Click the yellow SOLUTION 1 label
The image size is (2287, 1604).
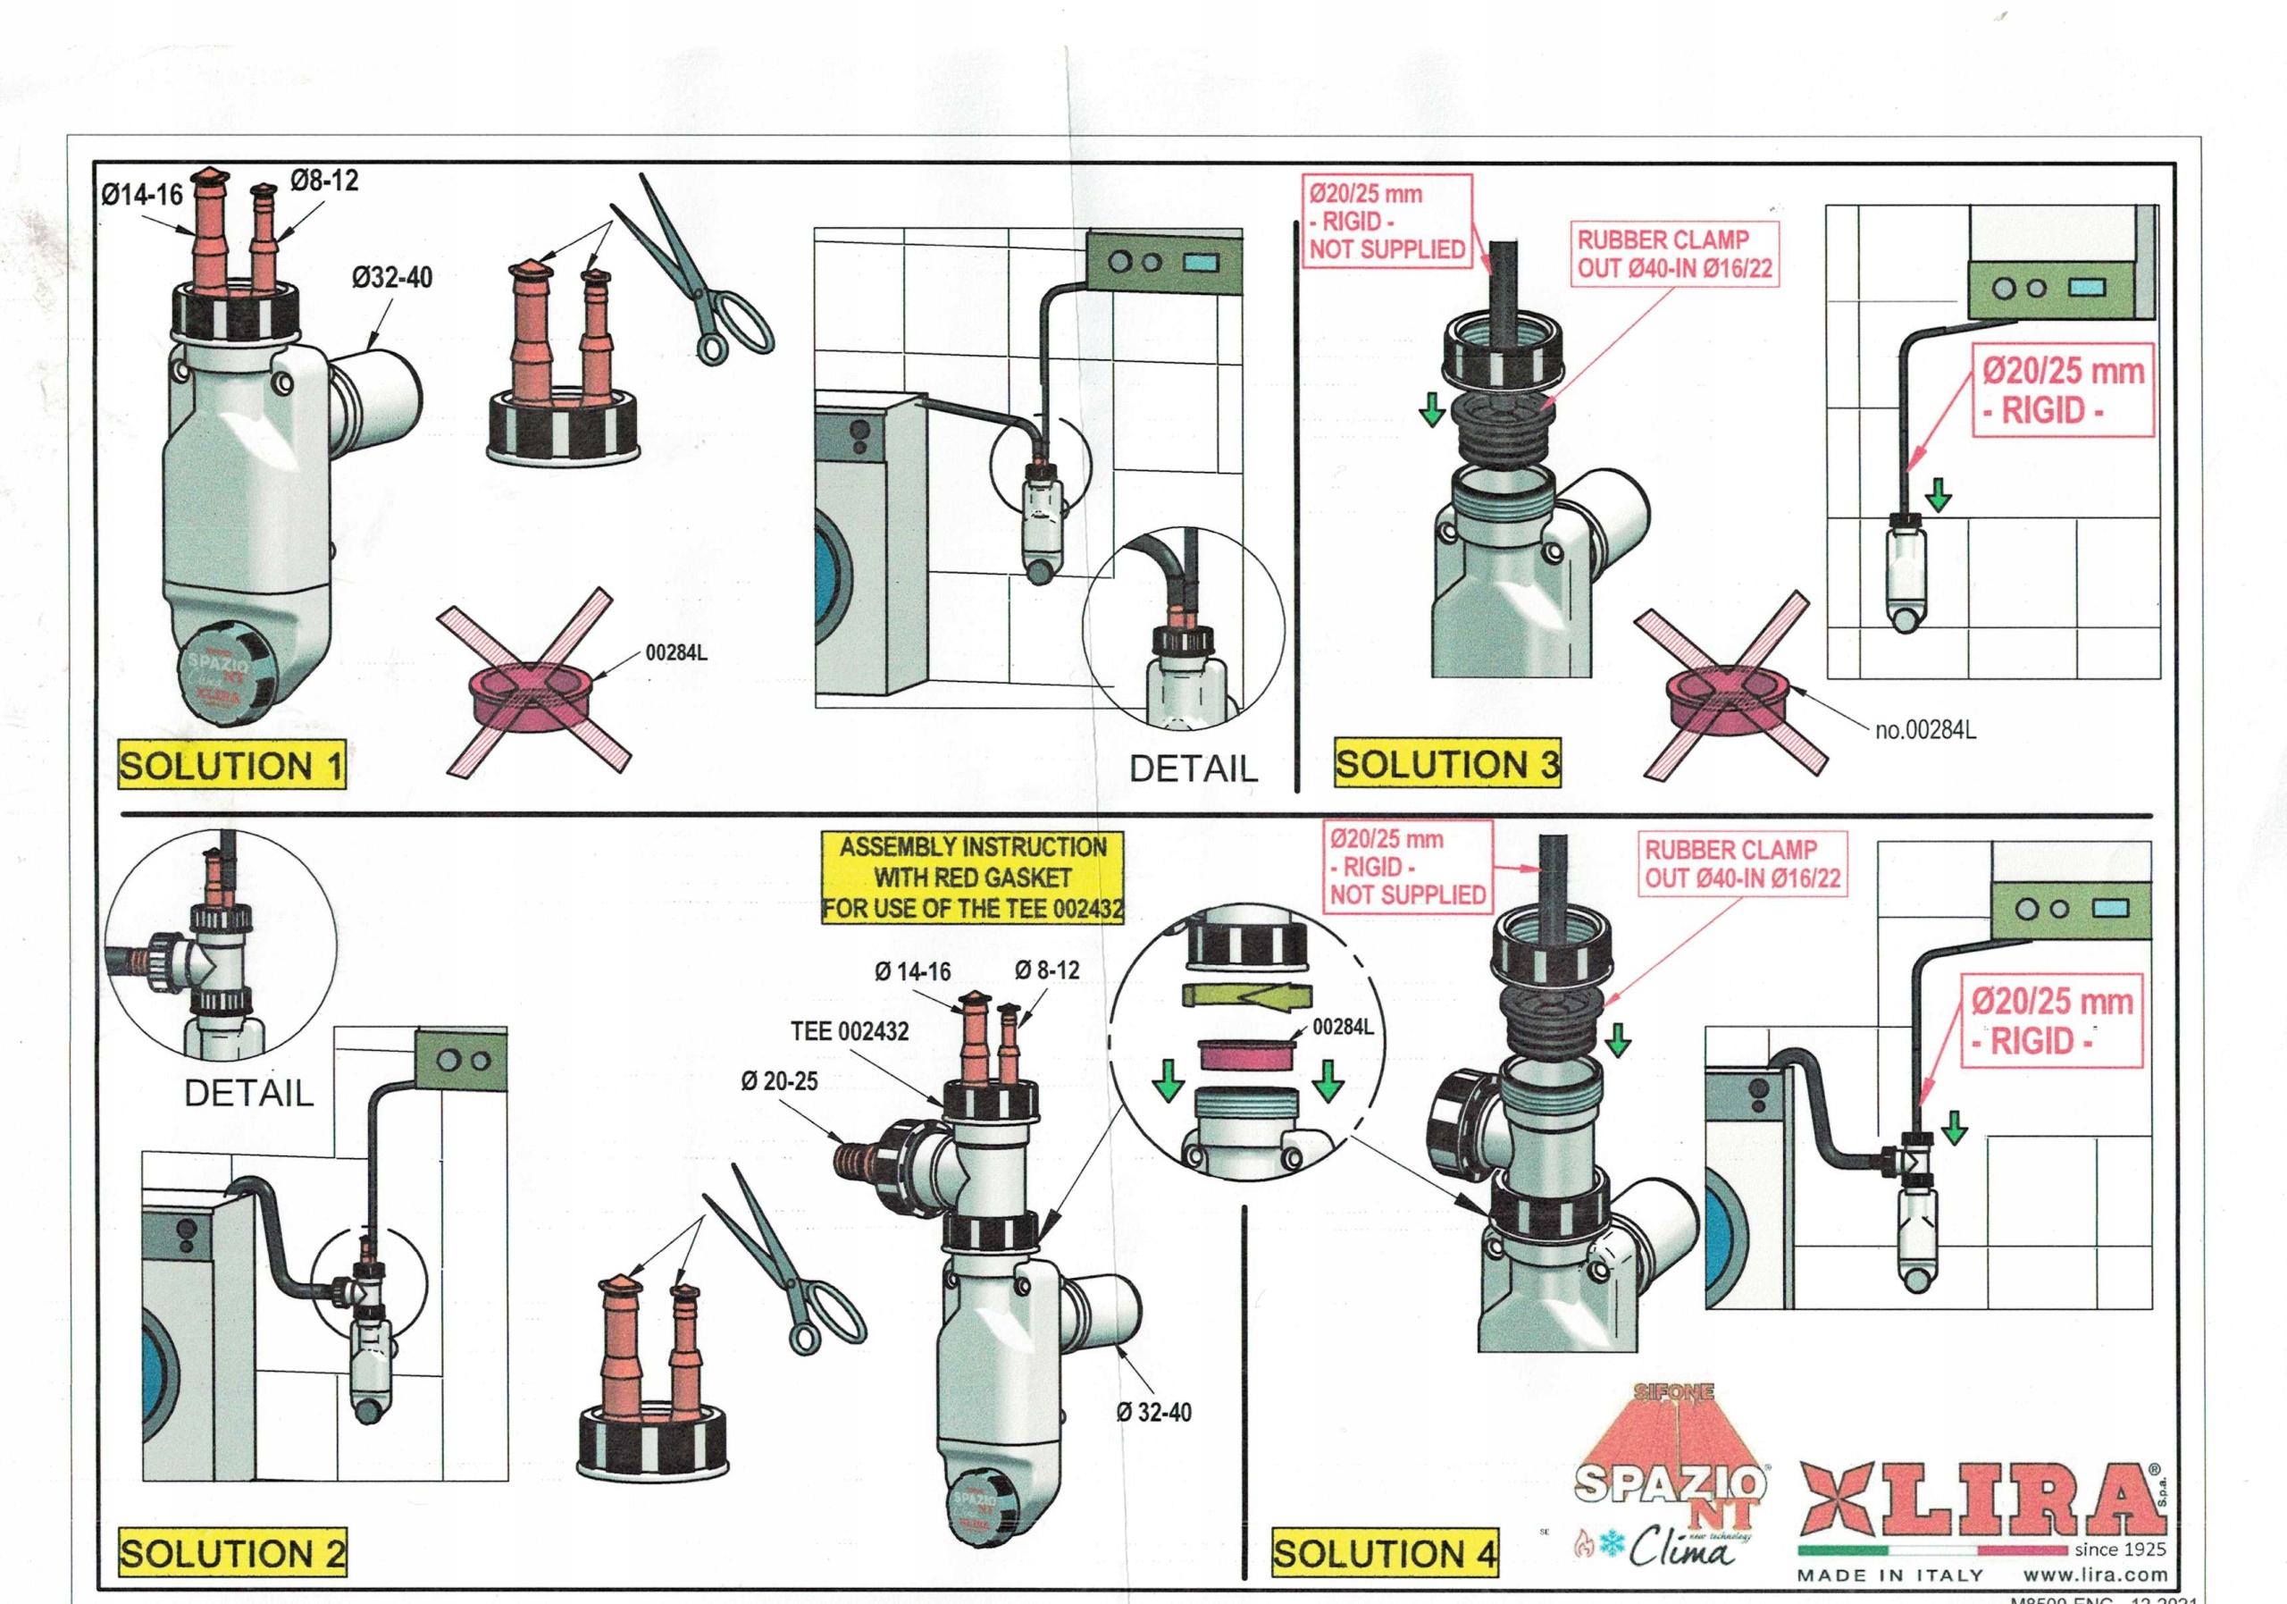click(231, 765)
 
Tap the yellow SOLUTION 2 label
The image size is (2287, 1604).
click(232, 1552)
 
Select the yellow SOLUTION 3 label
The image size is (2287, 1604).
click(1446, 764)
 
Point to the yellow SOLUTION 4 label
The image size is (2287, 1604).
click(1385, 1553)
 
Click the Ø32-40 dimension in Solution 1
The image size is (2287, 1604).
click(392, 277)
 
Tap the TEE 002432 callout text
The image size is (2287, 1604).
click(850, 1031)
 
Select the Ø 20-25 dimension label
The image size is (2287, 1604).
click(779, 1081)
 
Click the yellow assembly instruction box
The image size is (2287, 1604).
click(972, 878)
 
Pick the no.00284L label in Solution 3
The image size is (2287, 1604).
click(1925, 730)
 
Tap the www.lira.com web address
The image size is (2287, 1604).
click(2095, 1575)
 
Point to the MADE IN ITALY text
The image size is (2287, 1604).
click(1889, 1575)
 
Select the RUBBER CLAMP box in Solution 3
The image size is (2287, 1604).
click(1673, 254)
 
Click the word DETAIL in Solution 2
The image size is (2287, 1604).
click(249, 1093)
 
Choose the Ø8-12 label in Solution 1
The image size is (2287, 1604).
click(324, 181)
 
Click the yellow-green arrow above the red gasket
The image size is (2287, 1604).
click(1248, 995)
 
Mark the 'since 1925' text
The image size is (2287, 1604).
click(2120, 1549)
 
